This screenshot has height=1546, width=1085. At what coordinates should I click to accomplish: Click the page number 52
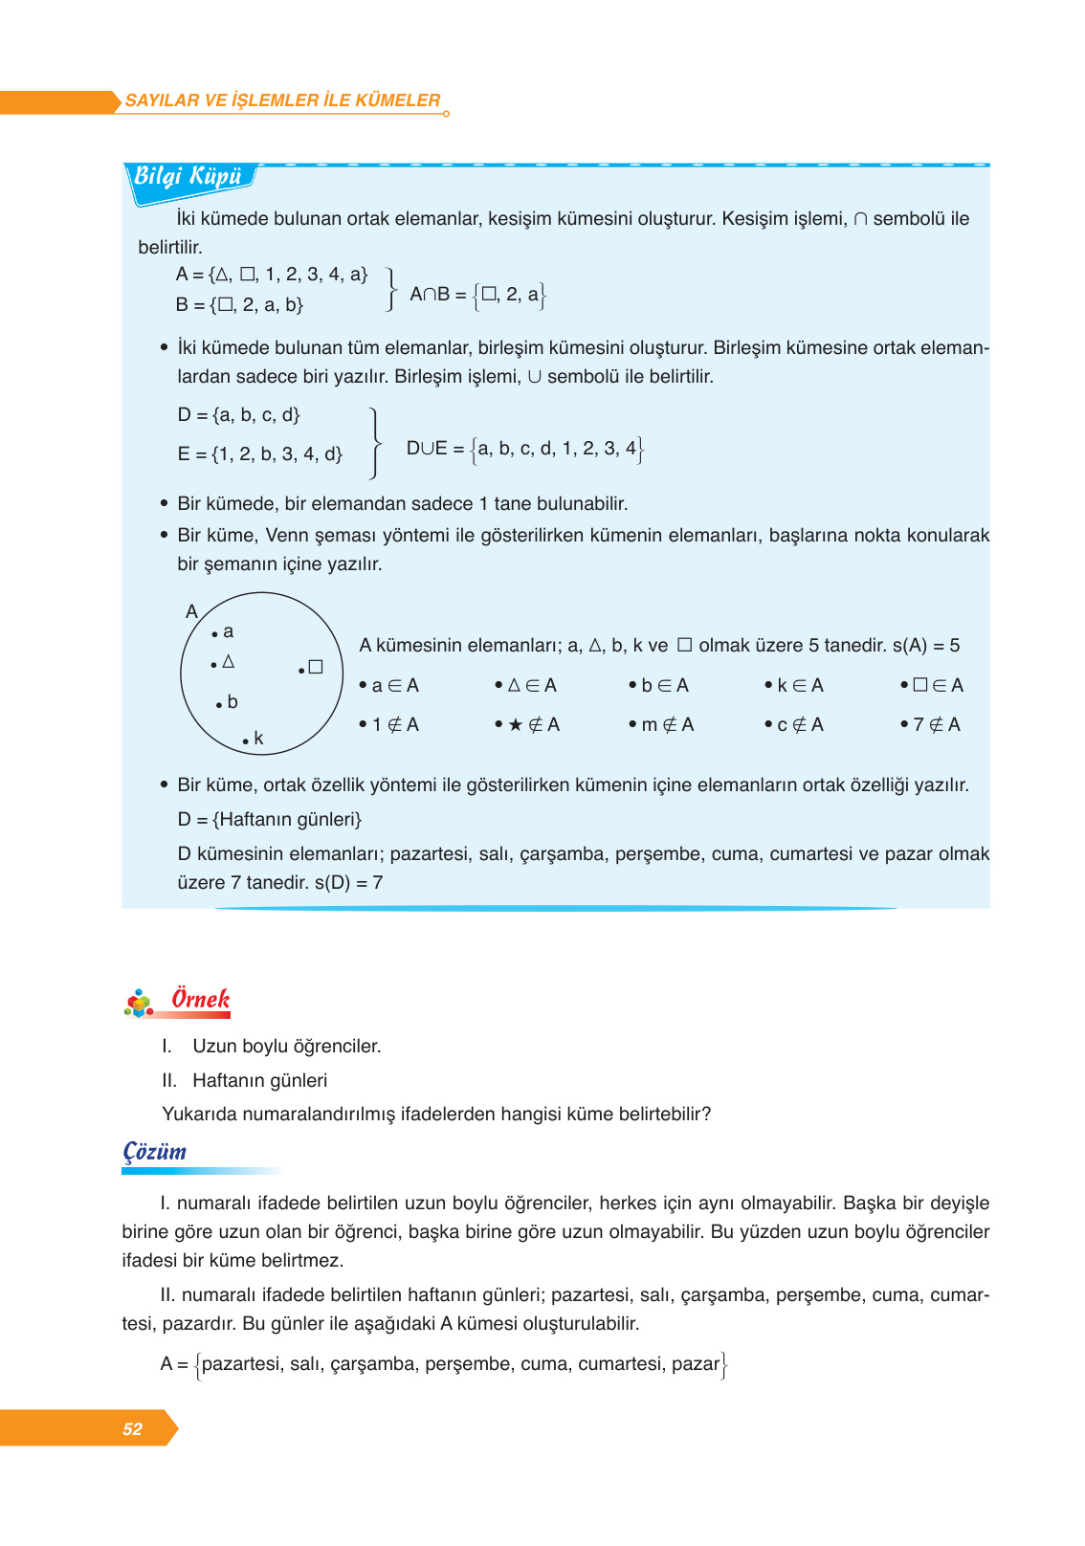coord(132,1428)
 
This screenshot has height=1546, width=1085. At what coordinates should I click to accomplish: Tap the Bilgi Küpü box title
coord(188,177)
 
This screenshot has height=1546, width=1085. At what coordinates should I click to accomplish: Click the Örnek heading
coord(201,999)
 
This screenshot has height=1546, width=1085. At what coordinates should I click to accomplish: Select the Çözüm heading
coord(155,1152)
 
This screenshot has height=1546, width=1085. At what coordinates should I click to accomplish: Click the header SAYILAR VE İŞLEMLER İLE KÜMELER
coord(282,100)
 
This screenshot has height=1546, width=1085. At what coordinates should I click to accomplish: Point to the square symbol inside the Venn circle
coord(315,667)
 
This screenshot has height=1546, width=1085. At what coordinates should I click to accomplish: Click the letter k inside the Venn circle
coord(258,739)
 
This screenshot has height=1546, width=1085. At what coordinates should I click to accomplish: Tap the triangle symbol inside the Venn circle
coord(228,661)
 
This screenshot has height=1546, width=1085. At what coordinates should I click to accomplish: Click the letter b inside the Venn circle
coord(232,702)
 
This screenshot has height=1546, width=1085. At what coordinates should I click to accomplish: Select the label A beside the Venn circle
coord(191,611)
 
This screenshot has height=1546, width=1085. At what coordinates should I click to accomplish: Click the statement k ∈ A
coord(799,686)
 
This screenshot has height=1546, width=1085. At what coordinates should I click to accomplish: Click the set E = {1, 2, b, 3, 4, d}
coord(259,454)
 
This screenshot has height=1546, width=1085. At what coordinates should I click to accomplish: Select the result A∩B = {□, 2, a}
coord(477,295)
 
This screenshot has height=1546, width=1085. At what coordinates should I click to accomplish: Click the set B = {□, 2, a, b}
coord(239,305)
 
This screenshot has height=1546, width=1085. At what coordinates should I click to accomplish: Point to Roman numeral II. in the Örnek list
coord(169,1081)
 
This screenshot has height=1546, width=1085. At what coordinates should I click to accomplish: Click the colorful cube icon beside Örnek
coord(140,1003)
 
